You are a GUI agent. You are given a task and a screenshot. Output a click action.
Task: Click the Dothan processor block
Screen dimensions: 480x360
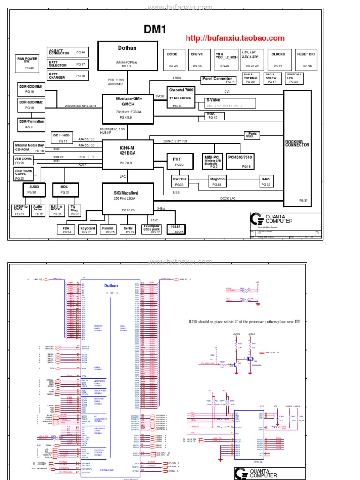coord(127,56)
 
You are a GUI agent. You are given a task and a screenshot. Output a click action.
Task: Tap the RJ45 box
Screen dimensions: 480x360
coord(266,181)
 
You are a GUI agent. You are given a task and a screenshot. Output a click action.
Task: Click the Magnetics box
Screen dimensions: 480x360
coord(217,181)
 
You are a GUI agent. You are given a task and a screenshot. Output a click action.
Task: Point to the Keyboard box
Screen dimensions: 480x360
coord(88,230)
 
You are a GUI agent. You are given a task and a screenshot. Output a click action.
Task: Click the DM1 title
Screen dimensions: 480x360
coord(155,30)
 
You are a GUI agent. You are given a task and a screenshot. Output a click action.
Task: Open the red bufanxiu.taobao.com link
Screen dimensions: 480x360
coord(235,38)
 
